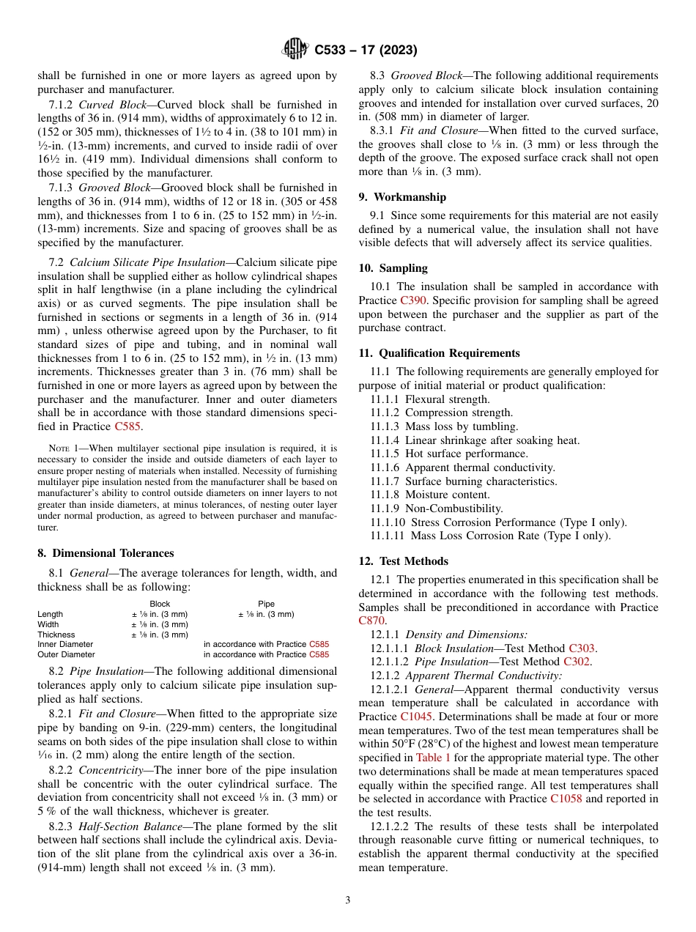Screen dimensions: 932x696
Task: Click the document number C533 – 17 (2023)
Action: pyautogui.click(x=366, y=51)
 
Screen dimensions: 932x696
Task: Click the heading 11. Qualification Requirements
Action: pyautogui.click(x=439, y=352)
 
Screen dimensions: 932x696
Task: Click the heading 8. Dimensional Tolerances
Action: pyautogui.click(x=105, y=553)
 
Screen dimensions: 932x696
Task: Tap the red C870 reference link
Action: pyautogui.click(x=371, y=621)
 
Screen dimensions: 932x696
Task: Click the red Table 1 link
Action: pyautogui.click(x=433, y=758)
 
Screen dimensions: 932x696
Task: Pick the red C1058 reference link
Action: pyautogui.click(x=566, y=799)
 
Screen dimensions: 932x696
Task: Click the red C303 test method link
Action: pyautogui.click(x=582, y=648)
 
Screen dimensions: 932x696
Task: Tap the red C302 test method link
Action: pyautogui.click(x=577, y=662)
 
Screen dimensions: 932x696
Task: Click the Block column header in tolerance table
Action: pyautogui.click(x=159, y=604)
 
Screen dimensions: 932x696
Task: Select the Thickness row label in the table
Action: pyautogui.click(x=56, y=635)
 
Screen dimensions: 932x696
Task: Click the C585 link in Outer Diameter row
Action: pyautogui.click(x=319, y=654)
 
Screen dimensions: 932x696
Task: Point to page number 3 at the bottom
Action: pyautogui.click(x=347, y=900)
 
